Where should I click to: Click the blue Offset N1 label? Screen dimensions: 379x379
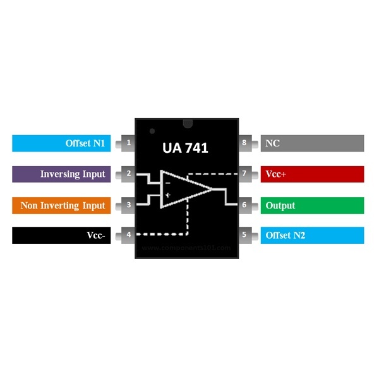[61, 143]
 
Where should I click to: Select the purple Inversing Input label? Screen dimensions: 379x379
[61, 174]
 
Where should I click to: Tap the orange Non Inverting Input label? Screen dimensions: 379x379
[61, 205]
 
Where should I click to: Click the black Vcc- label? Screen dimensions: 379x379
[61, 236]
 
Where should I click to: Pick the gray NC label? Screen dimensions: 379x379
[312, 143]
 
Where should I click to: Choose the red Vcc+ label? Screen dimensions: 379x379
[312, 174]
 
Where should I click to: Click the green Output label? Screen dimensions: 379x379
[312, 205]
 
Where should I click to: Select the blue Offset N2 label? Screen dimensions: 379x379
[312, 236]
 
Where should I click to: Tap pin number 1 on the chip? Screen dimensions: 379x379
[129, 143]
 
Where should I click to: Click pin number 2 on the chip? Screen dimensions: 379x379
[129, 174]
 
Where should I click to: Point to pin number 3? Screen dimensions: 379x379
[129, 205]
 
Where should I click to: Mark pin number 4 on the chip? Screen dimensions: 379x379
[129, 236]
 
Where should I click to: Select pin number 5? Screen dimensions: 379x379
[244, 236]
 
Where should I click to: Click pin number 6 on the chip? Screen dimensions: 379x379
[244, 205]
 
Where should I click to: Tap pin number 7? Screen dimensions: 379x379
[244, 174]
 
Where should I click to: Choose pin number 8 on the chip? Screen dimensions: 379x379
[244, 143]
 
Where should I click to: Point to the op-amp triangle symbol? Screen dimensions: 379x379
[184, 188]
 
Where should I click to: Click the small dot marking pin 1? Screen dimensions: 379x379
[152, 131]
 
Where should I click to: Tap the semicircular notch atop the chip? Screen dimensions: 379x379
[187, 121]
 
